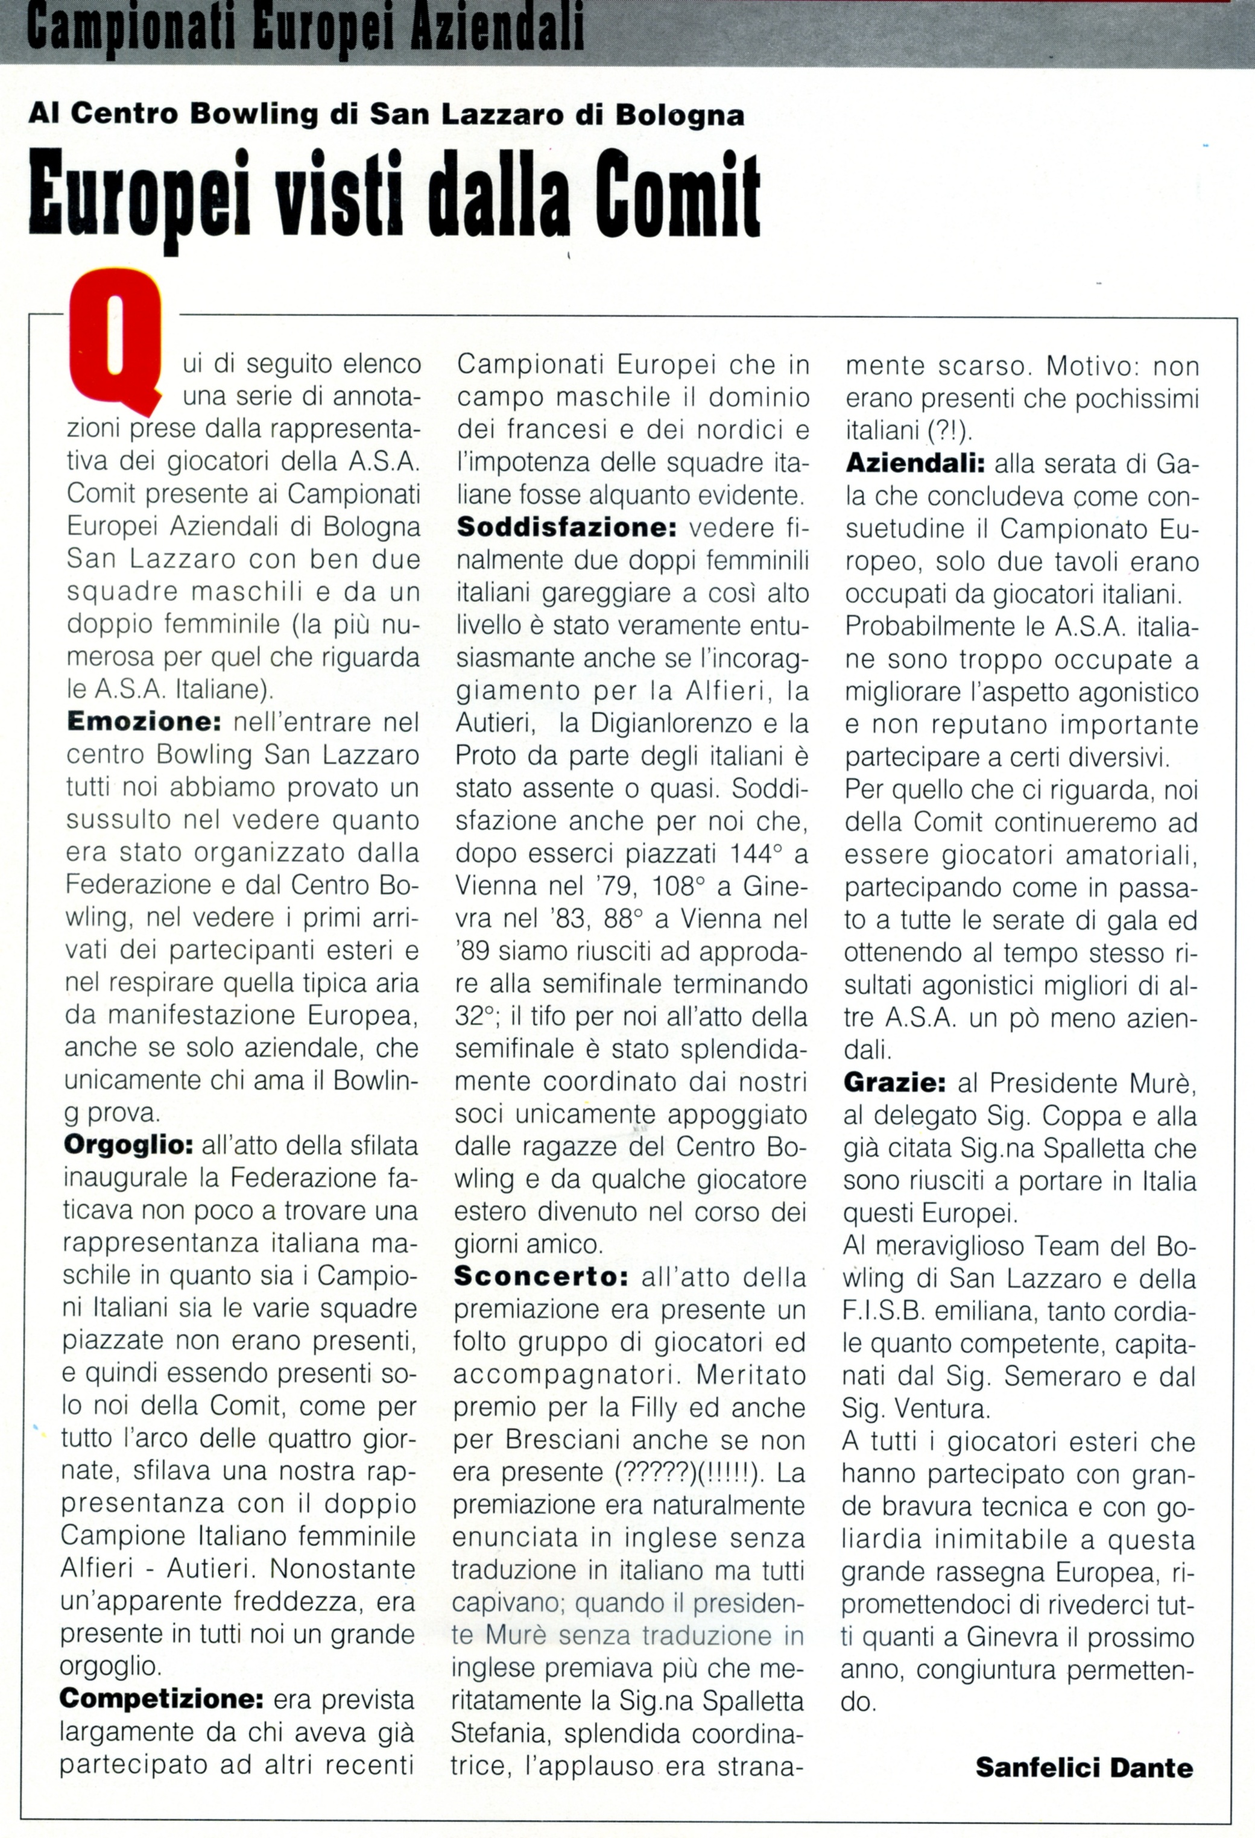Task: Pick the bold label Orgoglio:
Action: click(x=127, y=1145)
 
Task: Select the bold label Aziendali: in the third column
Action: click(x=914, y=464)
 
